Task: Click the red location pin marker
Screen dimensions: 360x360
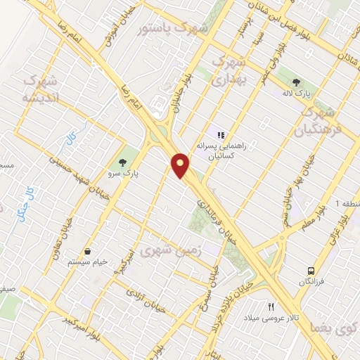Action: point(181,165)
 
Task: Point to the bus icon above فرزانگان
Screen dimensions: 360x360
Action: point(310,271)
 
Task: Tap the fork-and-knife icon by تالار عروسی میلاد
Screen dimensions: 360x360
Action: point(271,307)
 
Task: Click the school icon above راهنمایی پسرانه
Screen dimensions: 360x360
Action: point(220,134)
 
